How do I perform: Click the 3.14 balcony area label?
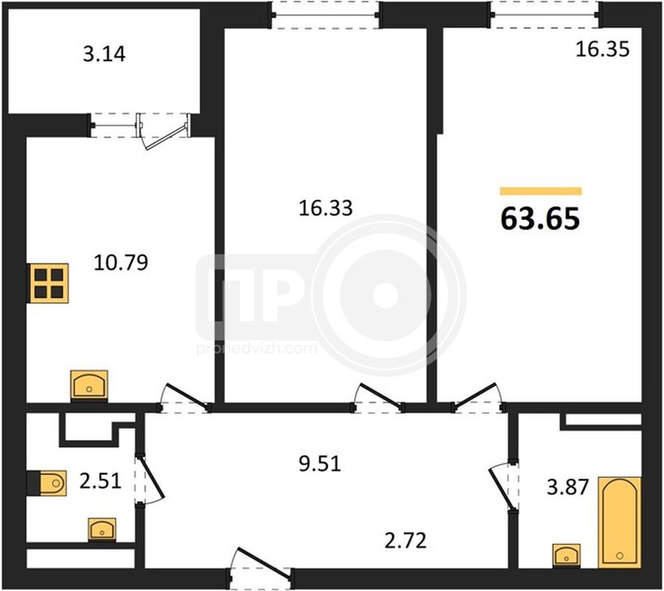104,54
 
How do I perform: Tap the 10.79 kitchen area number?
120,262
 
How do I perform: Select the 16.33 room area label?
325,208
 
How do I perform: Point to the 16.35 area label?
603,49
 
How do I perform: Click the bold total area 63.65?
540,219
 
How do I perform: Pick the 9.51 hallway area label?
320,464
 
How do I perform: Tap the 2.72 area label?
405,541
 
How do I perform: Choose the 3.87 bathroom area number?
567,487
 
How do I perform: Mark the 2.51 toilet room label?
100,481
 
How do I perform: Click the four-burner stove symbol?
49,284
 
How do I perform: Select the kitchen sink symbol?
89,386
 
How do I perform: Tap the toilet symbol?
47,482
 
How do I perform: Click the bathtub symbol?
620,522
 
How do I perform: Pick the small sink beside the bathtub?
567,555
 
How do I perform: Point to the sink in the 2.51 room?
102,530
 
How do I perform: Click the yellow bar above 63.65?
541,191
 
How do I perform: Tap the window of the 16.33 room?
326,16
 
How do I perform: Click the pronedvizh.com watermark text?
256,349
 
